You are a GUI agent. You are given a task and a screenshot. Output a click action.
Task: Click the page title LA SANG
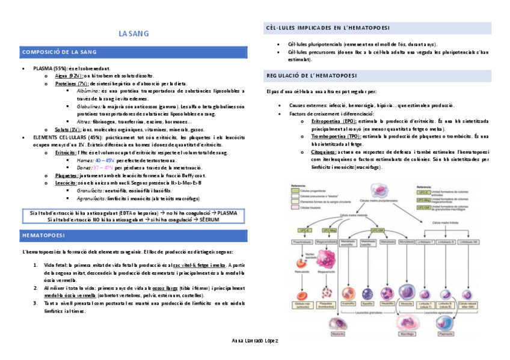tap(134, 34)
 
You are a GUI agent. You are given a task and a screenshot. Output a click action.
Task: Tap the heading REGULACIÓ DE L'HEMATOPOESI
tap(312, 76)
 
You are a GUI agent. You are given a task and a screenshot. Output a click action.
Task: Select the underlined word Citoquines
tap(324, 152)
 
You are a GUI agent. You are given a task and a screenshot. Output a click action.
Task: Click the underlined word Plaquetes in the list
tap(66, 175)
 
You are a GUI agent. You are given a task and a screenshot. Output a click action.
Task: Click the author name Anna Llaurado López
tap(255, 341)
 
